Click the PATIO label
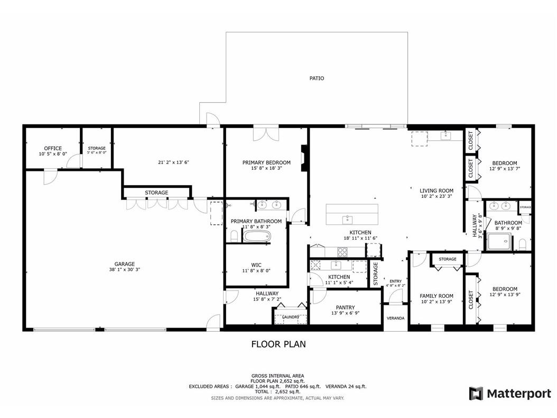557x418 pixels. [x=317, y=78]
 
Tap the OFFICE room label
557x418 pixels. [x=53, y=149]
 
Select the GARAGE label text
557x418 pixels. [x=125, y=264]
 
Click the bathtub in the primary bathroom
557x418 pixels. [x=257, y=236]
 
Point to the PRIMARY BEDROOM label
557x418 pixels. [x=266, y=162]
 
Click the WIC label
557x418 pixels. [x=256, y=265]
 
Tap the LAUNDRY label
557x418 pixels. [x=290, y=317]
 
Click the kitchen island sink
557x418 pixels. [x=348, y=219]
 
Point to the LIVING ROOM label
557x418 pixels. [x=437, y=190]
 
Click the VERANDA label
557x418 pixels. [x=396, y=318]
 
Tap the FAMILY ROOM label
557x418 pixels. [x=437, y=296]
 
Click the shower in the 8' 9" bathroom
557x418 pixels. [x=499, y=241]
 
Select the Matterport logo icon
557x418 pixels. [x=476, y=394]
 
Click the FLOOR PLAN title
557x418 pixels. [x=278, y=344]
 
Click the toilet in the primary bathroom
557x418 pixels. [x=234, y=235]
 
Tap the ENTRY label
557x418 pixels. [x=395, y=281]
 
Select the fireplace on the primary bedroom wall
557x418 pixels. [x=304, y=158]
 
